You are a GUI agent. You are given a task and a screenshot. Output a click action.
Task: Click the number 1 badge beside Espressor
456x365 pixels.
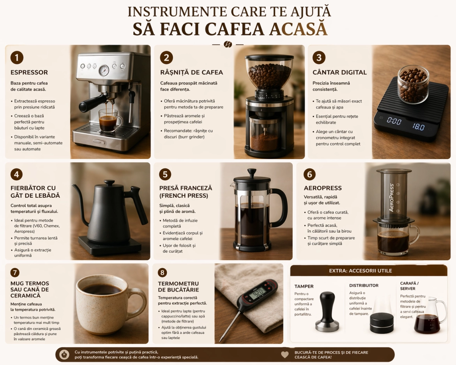pos(17,58)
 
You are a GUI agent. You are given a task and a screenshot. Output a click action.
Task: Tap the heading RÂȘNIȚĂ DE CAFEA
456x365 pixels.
pos(191,73)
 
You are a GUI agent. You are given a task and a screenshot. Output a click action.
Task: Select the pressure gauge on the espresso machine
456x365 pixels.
pos(104,71)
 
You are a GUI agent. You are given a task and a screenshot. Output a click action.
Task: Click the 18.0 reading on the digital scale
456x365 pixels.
pos(418,127)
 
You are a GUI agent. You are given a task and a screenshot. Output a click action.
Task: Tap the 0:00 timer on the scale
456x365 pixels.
pos(394,121)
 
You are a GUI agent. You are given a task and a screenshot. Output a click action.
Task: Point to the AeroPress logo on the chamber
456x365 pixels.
pos(392,197)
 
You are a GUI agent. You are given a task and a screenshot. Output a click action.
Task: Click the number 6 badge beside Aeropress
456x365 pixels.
pos(309,174)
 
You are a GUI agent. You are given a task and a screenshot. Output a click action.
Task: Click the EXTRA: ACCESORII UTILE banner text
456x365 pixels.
pos(360,271)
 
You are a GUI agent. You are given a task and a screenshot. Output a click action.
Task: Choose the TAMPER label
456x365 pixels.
pos(304,286)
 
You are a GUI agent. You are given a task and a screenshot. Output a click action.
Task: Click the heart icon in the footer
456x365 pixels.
pos(285,355)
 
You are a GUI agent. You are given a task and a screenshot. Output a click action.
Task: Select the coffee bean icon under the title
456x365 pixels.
pos(228,44)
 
